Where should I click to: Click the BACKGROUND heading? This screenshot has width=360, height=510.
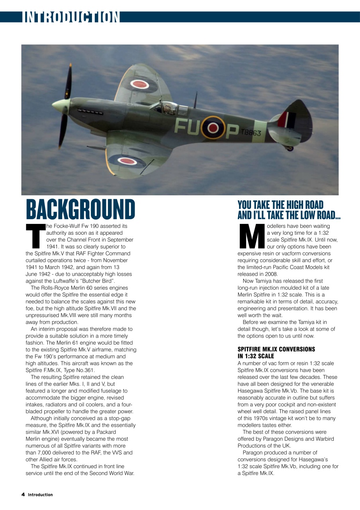click(x=80, y=209)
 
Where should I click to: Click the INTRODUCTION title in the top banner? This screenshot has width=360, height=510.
click(x=71, y=17)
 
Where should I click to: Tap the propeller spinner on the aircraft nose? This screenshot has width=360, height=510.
click(x=60, y=106)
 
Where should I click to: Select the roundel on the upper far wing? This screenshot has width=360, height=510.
click(x=139, y=84)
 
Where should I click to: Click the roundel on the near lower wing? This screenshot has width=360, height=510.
click(x=128, y=161)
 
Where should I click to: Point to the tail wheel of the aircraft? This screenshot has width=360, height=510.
click(x=290, y=148)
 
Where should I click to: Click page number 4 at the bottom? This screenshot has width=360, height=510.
click(x=23, y=494)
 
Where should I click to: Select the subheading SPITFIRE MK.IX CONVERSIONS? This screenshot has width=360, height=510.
click(x=276, y=349)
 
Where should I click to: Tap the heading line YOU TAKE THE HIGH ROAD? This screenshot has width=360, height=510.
click(x=280, y=205)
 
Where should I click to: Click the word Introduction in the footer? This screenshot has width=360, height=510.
click(x=40, y=494)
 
